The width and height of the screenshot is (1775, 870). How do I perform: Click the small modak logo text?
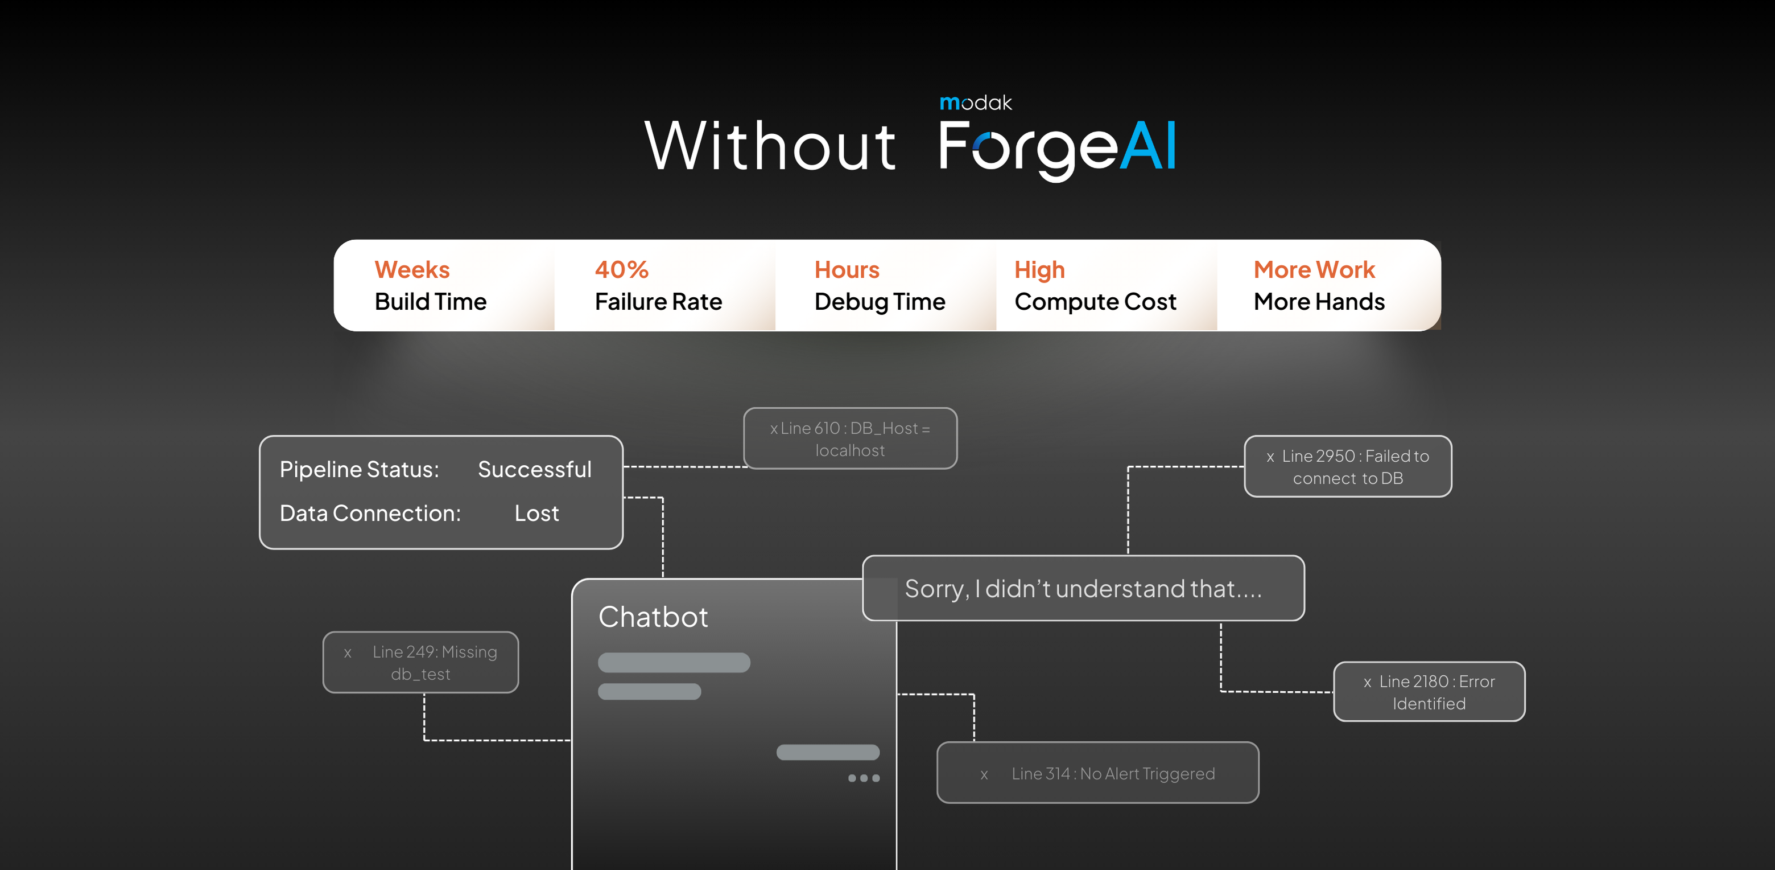click(x=976, y=102)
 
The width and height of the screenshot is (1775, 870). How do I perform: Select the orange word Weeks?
click(x=412, y=269)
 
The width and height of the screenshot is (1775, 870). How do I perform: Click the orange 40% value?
click(x=621, y=269)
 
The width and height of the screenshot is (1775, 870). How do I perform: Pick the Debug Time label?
click(x=879, y=302)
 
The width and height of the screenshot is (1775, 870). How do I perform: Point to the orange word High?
click(x=1039, y=269)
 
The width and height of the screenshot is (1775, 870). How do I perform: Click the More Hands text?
click(x=1319, y=302)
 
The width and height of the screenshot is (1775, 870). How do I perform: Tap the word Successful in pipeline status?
click(x=535, y=470)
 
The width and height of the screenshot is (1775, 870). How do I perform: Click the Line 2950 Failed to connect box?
click(x=1347, y=467)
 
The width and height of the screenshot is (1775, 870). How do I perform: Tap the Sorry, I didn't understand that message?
click(x=1083, y=589)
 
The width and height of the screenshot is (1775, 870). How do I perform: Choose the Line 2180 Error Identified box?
click(x=1429, y=692)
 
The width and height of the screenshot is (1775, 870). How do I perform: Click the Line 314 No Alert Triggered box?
click(x=1097, y=773)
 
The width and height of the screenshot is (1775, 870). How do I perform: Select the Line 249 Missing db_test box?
click(x=420, y=663)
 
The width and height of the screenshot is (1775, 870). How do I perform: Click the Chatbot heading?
click(x=653, y=617)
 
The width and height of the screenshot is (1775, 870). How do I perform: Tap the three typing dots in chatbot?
click(x=864, y=778)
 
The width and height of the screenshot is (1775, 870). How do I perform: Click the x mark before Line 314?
click(x=984, y=775)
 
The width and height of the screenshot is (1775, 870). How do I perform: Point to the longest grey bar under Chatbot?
click(x=674, y=663)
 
